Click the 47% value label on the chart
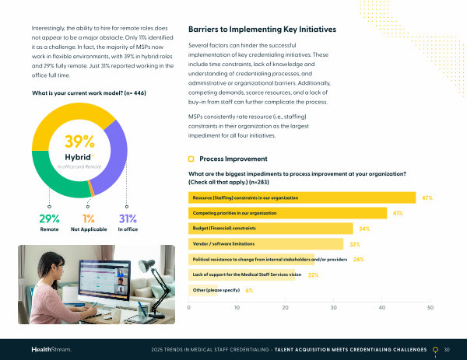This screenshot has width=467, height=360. click(427, 198)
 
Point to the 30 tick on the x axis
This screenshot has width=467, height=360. click(334, 309)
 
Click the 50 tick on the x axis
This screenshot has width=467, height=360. click(430, 309)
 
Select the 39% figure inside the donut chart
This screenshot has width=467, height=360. click(79, 142)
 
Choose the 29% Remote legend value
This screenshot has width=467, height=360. click(50, 218)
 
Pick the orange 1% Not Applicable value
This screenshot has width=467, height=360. click(88, 218)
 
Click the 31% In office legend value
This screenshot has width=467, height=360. click(128, 218)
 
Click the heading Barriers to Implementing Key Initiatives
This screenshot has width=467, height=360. click(262, 30)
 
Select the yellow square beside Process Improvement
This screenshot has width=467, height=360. click(191, 159)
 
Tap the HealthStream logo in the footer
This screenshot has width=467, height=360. click(51, 350)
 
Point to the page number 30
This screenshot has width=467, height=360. click(447, 350)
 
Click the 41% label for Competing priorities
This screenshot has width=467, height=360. click(397, 213)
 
